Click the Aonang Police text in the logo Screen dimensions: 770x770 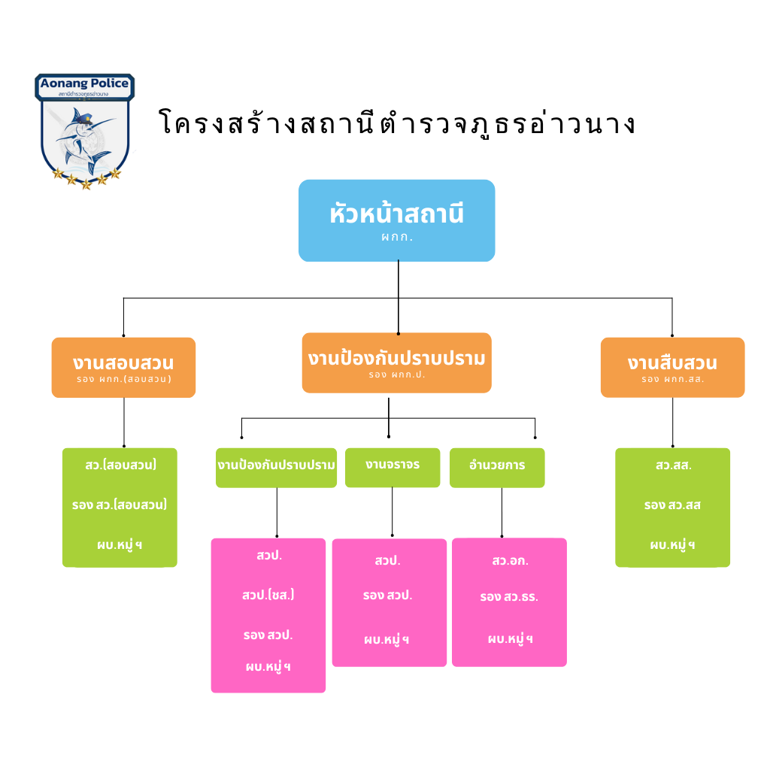click(x=84, y=83)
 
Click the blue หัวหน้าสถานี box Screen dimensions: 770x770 click(x=396, y=220)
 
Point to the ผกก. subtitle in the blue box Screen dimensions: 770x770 click(x=396, y=237)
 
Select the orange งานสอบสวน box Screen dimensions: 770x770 click(x=123, y=367)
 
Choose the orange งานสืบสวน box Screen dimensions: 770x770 click(x=672, y=367)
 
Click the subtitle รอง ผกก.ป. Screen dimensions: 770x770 click(x=396, y=374)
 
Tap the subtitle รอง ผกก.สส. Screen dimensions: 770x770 click(x=672, y=380)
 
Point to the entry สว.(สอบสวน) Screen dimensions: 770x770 click(x=120, y=465)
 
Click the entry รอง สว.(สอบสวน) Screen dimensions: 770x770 click(x=120, y=505)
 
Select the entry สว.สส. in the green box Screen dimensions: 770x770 click(x=673, y=465)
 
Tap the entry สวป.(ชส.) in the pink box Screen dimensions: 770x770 click(x=268, y=595)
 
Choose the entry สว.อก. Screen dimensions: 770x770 click(x=509, y=561)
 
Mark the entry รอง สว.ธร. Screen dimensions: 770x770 click(x=509, y=598)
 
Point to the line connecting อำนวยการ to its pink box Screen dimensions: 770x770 click(x=502, y=512)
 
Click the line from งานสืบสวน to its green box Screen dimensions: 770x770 click(x=672, y=422)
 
